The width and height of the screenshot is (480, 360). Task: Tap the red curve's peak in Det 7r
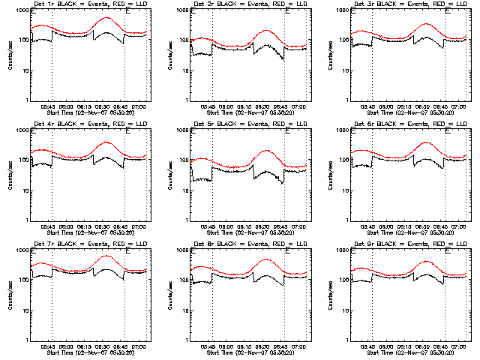coord(103,256)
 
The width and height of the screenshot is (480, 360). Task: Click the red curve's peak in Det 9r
coord(425,262)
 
